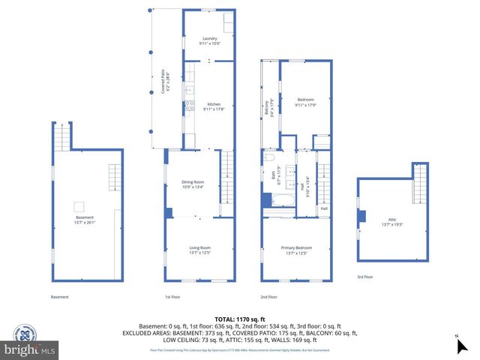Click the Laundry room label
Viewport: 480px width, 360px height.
click(x=208, y=41)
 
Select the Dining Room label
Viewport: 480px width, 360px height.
click(x=193, y=184)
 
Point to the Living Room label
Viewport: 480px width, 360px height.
click(x=199, y=250)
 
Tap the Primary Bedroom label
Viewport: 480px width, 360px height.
click(x=297, y=250)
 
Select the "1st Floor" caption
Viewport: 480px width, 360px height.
click(x=173, y=297)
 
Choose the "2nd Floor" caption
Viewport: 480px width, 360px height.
click(x=269, y=297)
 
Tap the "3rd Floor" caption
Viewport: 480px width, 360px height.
click(x=365, y=277)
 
